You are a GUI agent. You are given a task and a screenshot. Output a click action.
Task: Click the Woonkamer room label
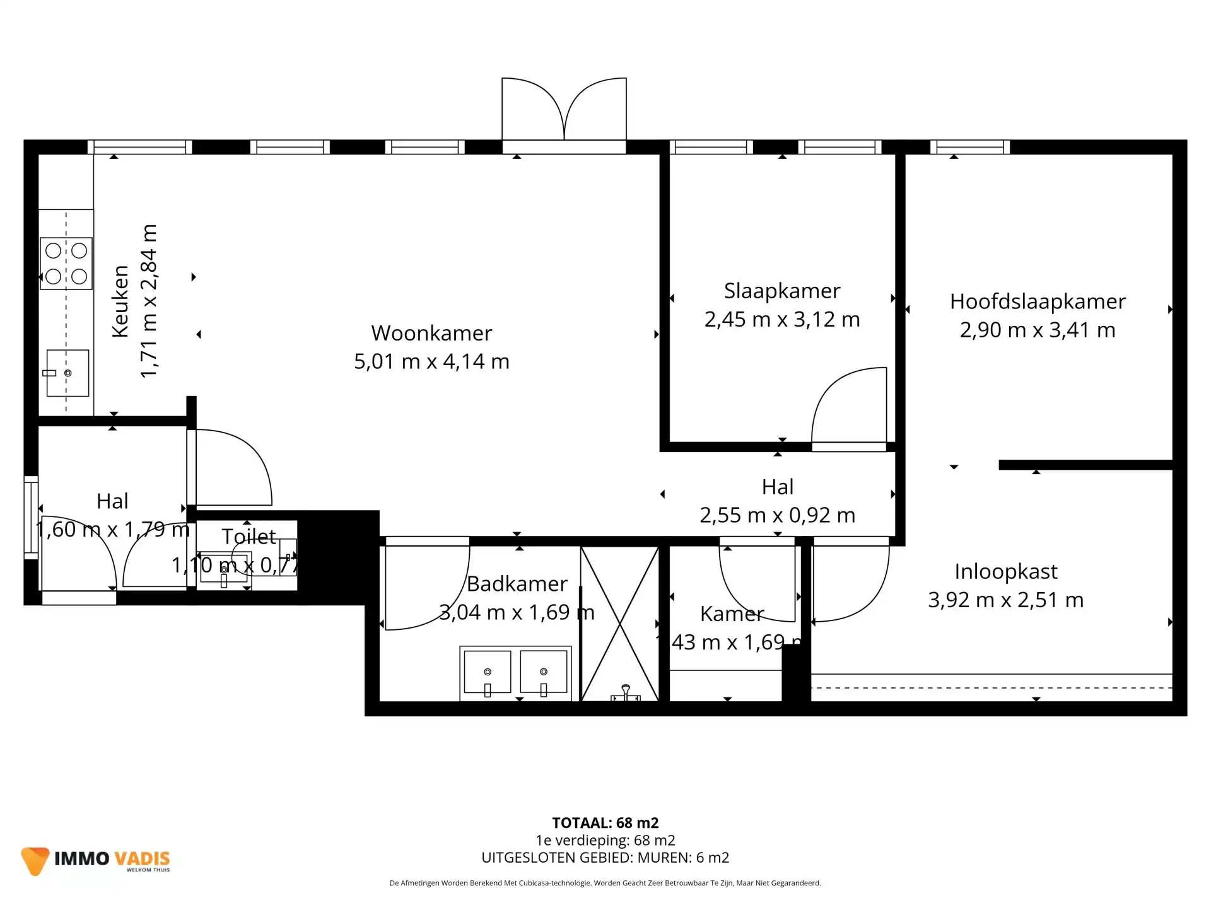tap(431, 333)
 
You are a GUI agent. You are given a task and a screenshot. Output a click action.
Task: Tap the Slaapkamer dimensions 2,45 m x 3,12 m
tap(782, 320)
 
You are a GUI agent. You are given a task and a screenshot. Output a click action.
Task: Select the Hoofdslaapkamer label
tap(1038, 301)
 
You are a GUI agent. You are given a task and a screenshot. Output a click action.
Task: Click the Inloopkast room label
tap(1005, 571)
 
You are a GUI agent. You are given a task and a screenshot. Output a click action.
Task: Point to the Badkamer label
tap(517, 584)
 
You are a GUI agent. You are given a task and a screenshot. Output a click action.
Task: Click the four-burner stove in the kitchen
tap(66, 264)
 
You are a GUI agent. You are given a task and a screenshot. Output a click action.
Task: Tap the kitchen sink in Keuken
tap(67, 373)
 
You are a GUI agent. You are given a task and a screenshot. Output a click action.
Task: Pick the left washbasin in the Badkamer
tap(487, 672)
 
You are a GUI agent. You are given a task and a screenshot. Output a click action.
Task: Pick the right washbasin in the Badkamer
tap(544, 672)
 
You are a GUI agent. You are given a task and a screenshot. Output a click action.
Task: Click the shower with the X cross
tap(619, 624)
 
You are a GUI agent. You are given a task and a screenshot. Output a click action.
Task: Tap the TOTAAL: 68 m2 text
tap(605, 823)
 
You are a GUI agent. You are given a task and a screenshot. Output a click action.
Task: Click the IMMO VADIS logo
tap(96, 859)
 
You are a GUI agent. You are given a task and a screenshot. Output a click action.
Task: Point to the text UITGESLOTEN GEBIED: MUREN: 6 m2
tap(605, 858)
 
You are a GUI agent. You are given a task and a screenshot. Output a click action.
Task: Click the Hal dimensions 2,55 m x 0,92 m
tap(777, 515)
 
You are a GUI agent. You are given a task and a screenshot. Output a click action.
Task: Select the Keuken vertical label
tap(120, 301)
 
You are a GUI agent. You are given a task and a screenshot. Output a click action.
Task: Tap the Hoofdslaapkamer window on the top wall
tap(970, 148)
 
